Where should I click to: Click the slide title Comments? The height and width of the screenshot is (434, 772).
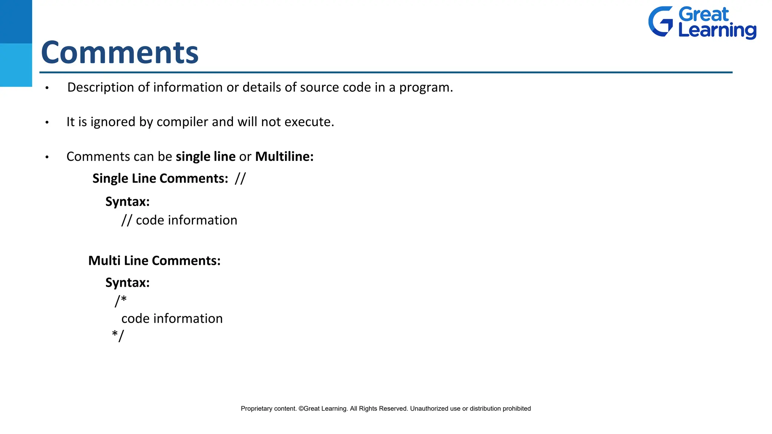119,53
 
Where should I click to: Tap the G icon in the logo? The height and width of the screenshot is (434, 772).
660,21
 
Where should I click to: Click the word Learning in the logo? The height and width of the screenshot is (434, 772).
717,30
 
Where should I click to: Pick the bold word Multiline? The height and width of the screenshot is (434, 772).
284,157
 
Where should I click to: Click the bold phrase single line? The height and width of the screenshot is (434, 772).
205,157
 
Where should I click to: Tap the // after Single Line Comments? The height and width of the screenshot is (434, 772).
240,179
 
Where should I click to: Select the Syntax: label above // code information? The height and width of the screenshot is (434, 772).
127,202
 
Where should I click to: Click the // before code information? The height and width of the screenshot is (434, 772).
127,220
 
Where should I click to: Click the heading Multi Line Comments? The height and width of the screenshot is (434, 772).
154,261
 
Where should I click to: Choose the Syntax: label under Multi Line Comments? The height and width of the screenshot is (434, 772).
127,283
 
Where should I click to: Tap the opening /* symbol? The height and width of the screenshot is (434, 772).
121,301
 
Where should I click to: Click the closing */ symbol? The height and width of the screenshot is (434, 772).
118,335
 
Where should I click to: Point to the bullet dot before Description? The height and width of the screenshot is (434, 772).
47,88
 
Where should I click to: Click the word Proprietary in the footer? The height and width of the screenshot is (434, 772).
256,409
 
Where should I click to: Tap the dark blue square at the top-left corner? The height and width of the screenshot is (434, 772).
16,21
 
